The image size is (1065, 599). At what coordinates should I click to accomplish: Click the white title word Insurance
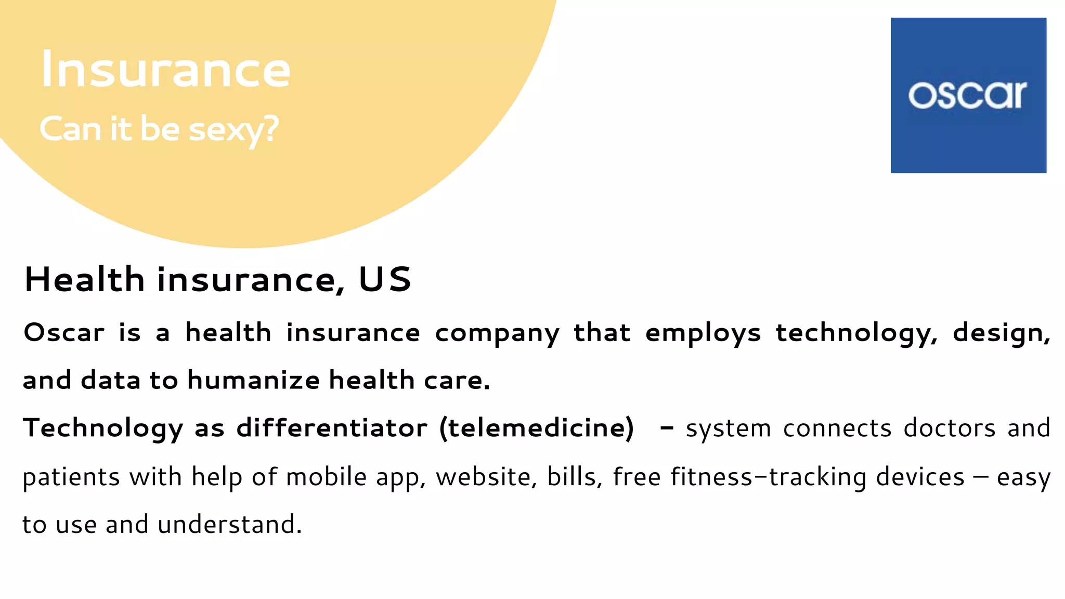165,70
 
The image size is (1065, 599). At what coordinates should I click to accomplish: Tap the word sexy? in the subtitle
233,129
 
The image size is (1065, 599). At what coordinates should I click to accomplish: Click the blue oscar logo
968,95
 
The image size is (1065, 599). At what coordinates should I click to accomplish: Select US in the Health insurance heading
385,280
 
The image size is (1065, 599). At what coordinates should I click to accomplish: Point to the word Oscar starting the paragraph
64,333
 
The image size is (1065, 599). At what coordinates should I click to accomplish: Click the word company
497,333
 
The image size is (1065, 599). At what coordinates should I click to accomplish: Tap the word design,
1002,333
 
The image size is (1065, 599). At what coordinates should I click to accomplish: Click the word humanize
253,380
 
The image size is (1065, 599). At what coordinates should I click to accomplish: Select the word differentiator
332,428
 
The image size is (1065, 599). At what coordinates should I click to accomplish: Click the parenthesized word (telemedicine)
537,428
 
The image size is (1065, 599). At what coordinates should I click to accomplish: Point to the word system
728,429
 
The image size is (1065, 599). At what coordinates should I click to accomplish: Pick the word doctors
950,428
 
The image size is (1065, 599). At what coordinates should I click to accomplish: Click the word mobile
326,477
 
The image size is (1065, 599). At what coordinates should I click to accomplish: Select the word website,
486,477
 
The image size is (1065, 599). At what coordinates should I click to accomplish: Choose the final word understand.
229,524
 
